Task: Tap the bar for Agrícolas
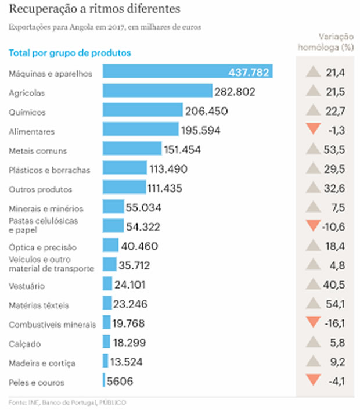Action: [157, 91]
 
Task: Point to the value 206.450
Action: [206, 110]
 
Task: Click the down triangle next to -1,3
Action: [314, 130]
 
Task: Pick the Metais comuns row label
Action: [38, 150]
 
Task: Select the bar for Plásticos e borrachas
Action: [125, 168]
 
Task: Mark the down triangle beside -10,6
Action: [314, 226]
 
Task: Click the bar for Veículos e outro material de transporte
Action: [110, 265]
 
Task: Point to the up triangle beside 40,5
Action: [314, 284]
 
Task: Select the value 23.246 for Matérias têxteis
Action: [131, 304]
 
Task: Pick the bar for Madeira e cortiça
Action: [105, 362]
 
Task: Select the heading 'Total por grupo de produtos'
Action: [70, 53]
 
